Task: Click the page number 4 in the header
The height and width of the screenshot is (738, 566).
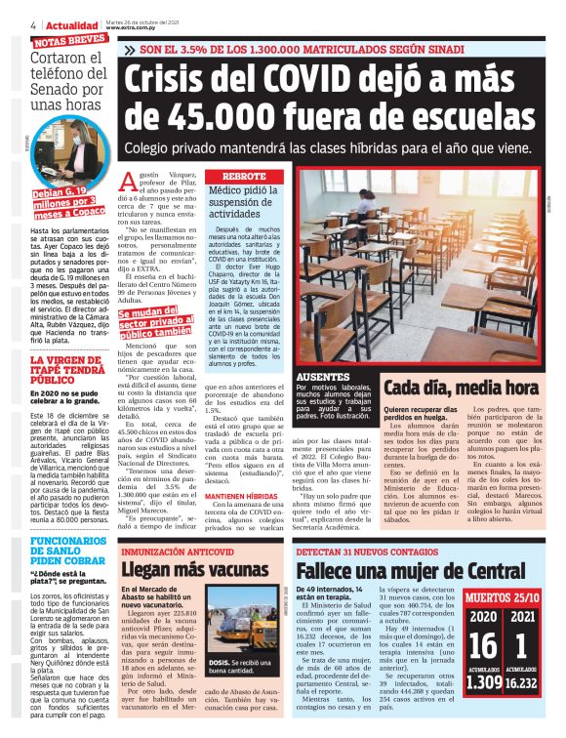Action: click(x=7, y=23)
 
